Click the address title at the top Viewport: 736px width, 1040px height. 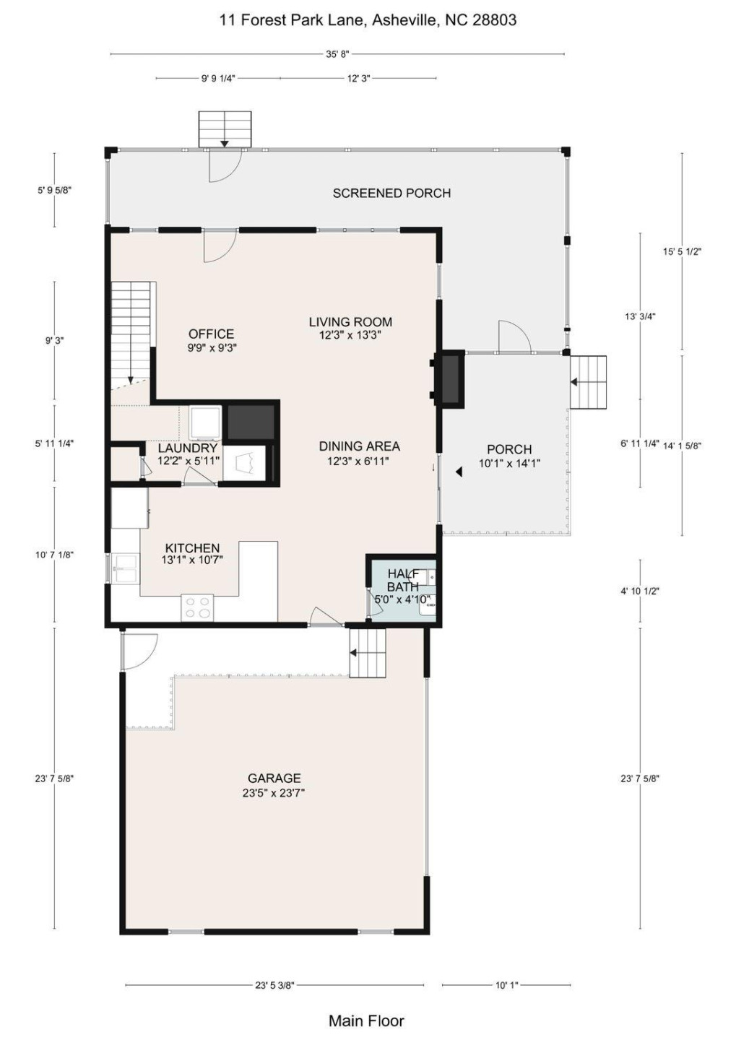368,20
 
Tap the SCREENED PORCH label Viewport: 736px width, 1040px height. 391,193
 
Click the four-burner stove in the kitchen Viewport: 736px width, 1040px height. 197,607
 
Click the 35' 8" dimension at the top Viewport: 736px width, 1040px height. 337,54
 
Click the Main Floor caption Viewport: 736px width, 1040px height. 366,1021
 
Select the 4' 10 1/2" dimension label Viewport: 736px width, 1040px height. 640,591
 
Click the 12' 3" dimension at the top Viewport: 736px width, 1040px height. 358,79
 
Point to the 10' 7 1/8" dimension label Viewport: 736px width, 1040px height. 54,555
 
